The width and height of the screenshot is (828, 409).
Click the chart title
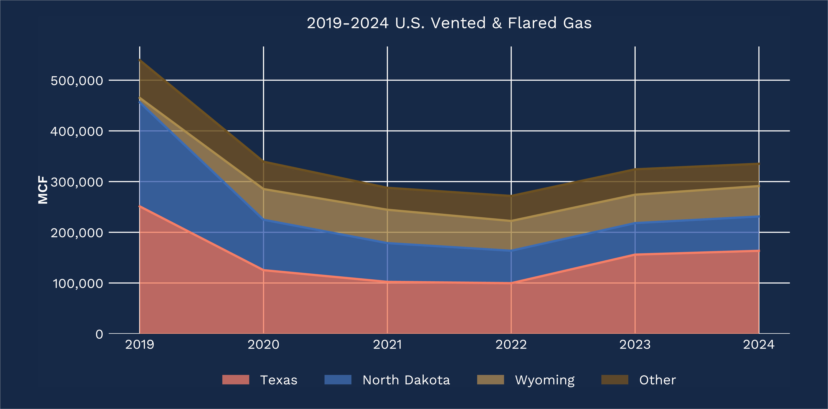point(449,23)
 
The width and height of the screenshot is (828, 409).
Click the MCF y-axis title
point(43,190)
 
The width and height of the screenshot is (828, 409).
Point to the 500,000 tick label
point(77,81)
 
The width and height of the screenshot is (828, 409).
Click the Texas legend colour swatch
point(236,380)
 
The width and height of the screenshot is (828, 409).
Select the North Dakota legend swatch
point(338,380)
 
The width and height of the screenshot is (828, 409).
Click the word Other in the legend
point(657,380)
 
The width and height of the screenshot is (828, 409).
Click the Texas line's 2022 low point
point(511,283)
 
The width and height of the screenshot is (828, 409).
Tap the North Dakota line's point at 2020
point(264,220)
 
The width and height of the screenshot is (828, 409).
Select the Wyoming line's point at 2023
point(635,195)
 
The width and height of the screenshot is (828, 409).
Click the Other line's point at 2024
point(758,164)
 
